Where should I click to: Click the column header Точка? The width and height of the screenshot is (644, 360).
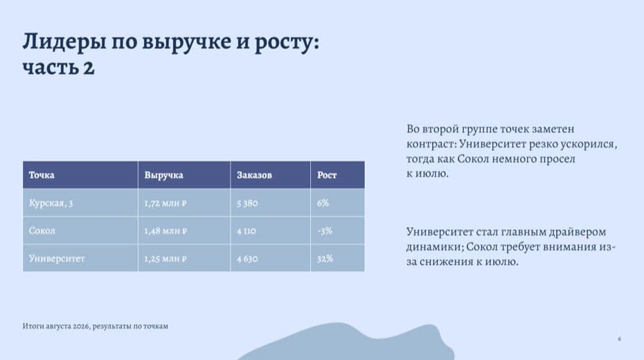tap(42, 175)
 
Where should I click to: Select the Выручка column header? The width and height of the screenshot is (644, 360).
tap(163, 175)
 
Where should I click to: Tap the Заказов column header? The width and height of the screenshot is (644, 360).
tap(254, 175)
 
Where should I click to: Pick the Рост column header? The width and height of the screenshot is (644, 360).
tap(327, 175)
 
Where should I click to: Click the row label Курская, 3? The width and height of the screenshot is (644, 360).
tap(51, 204)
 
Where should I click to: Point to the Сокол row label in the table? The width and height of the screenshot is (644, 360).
tap(42, 231)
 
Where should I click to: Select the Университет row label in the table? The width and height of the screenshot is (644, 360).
tap(57, 259)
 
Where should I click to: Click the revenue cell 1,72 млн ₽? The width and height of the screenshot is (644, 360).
tap(165, 203)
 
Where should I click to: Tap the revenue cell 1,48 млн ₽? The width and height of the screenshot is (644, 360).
tap(165, 231)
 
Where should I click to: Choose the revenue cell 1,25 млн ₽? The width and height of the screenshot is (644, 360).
tap(165, 259)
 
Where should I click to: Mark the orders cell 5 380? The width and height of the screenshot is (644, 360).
tap(247, 203)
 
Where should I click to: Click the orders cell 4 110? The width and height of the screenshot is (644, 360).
tap(246, 231)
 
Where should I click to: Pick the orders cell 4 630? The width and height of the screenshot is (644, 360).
tap(247, 259)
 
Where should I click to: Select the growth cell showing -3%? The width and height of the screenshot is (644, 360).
tap(325, 231)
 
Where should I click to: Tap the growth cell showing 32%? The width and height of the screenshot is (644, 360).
tap(325, 259)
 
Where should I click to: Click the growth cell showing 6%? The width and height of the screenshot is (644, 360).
tap(323, 203)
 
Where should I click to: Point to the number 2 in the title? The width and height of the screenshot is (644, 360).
tap(89, 68)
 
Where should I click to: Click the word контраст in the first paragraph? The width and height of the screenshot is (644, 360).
tap(431, 144)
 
